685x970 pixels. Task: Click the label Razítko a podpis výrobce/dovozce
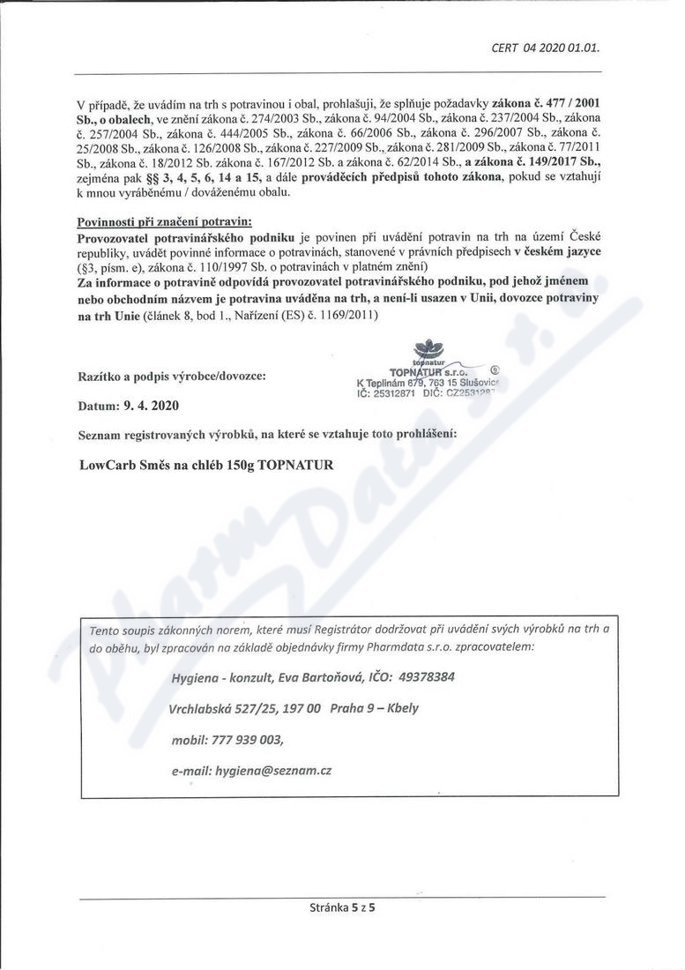tap(172, 376)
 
